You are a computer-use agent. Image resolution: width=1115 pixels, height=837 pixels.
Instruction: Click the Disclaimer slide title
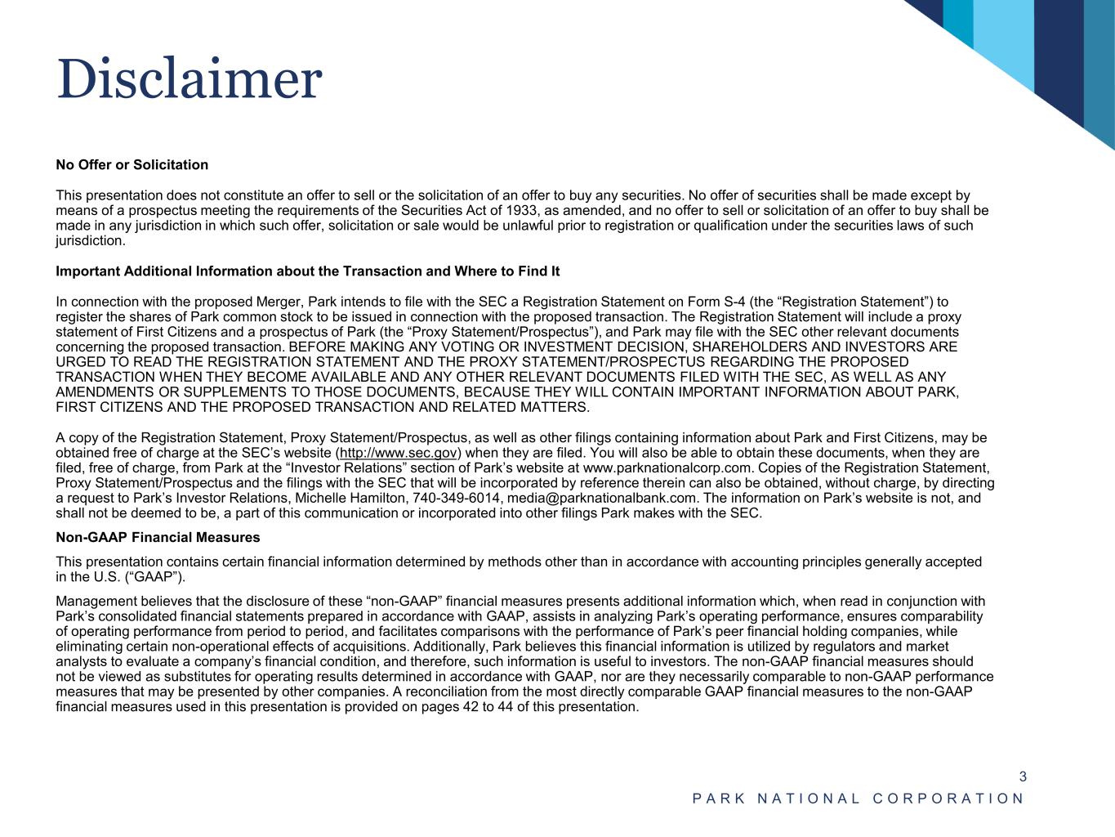(x=190, y=79)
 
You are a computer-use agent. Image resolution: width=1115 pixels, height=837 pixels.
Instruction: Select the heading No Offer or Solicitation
(x=132, y=165)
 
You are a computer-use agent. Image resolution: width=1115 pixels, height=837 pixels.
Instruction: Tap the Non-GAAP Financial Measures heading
(x=158, y=538)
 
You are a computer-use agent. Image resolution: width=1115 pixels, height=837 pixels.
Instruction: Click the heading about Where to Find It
(x=307, y=271)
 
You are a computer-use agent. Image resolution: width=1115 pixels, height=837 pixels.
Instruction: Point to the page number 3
(x=1022, y=777)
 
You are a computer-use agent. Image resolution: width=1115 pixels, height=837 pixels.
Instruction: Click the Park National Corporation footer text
(x=858, y=799)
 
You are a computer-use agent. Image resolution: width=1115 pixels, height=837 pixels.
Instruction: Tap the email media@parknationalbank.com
(x=603, y=498)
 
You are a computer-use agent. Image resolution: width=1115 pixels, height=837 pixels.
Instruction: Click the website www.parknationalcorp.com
(x=667, y=468)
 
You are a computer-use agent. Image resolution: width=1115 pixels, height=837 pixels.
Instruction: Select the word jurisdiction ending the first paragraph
(x=89, y=241)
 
